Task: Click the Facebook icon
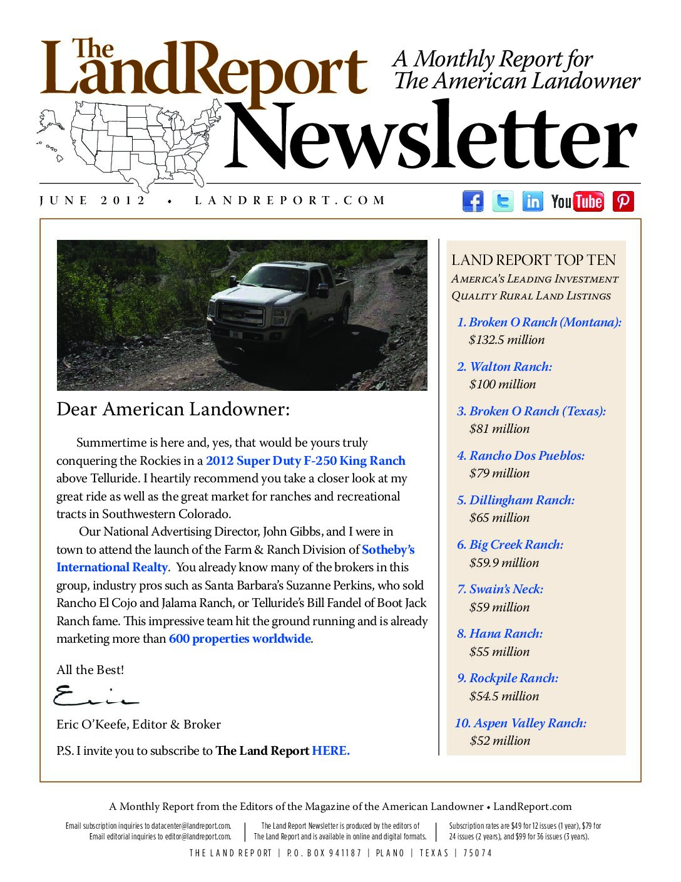pyautogui.click(x=473, y=201)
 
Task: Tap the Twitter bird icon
pyautogui.click(x=503, y=201)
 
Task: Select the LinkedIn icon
pyautogui.click(x=533, y=201)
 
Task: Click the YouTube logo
pyautogui.click(x=577, y=201)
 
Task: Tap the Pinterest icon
pyautogui.click(x=623, y=201)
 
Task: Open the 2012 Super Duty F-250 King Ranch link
pyautogui.click(x=305, y=461)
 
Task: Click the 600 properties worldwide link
pyautogui.click(x=240, y=639)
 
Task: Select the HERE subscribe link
pyautogui.click(x=330, y=750)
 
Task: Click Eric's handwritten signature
pyautogui.click(x=94, y=696)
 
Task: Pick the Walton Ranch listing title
pyautogui.click(x=504, y=367)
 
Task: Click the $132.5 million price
pyautogui.click(x=507, y=340)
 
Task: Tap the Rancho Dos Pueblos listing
pyautogui.click(x=521, y=456)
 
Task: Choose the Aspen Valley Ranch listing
pyautogui.click(x=521, y=724)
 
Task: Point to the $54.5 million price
pyautogui.click(x=504, y=697)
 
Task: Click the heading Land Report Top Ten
pyautogui.click(x=533, y=260)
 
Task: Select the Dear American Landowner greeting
pyautogui.click(x=173, y=409)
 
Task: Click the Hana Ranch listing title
pyautogui.click(x=500, y=634)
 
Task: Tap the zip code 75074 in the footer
pyautogui.click(x=478, y=853)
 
